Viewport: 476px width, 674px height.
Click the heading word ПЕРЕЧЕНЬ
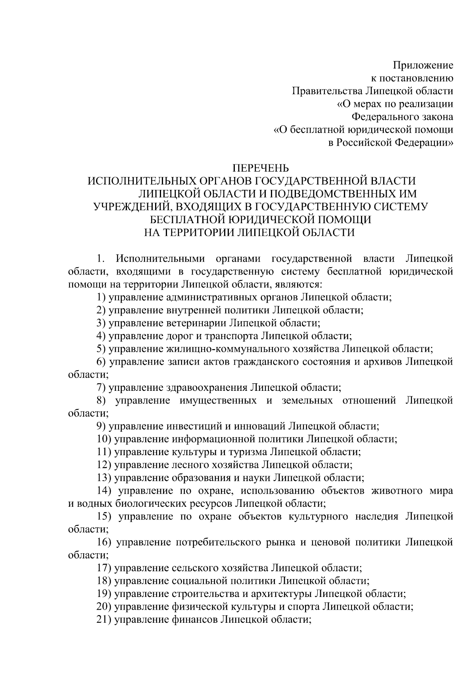tap(261, 168)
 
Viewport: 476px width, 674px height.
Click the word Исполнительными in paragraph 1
tap(161, 259)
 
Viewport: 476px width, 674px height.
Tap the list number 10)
tap(104, 439)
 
